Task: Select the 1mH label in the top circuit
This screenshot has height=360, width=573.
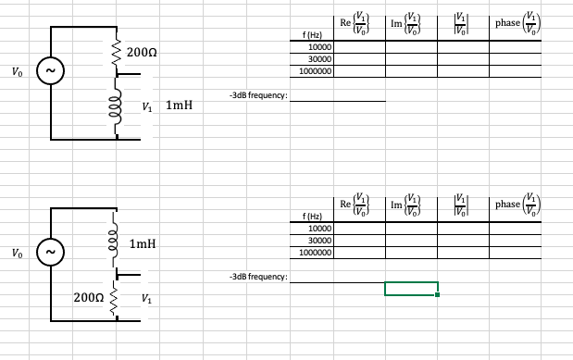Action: coord(179,106)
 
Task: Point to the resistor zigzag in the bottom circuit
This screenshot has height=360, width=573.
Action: coord(117,298)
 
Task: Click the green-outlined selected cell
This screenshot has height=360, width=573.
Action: coord(411,289)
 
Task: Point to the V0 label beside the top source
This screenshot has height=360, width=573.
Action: coord(13,71)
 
